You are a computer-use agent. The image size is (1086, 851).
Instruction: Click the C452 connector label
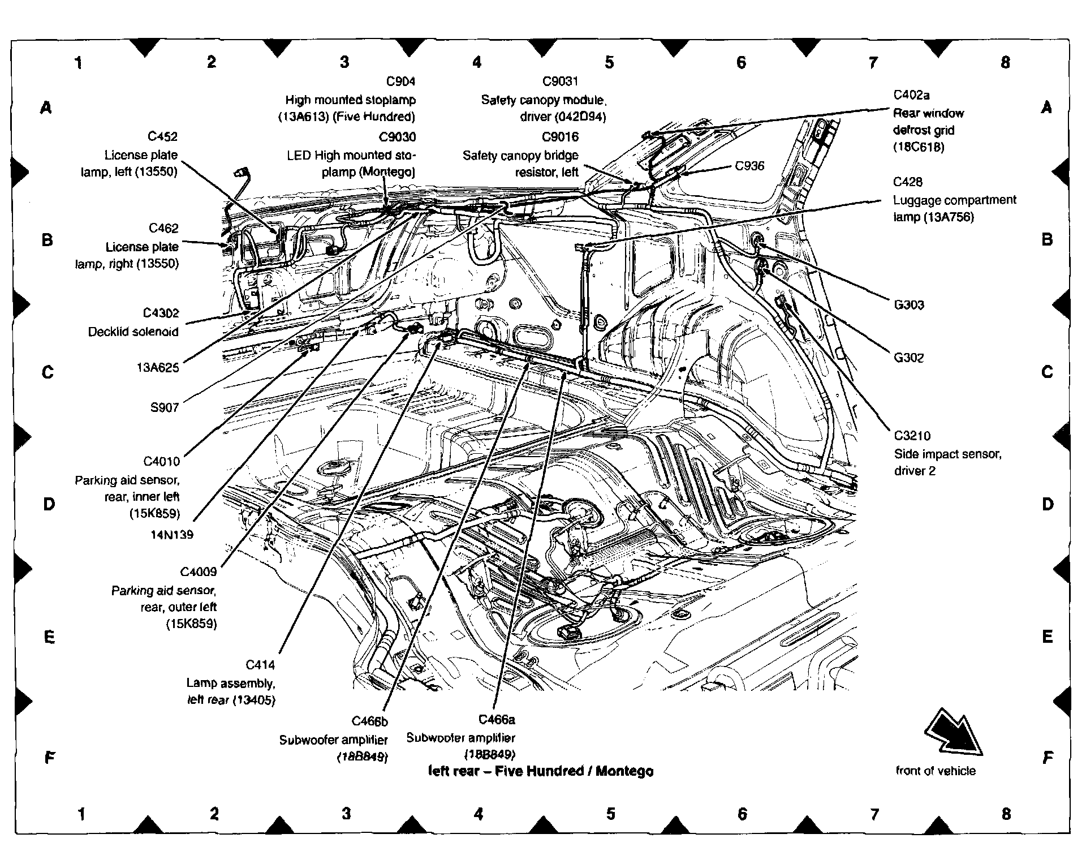(x=162, y=137)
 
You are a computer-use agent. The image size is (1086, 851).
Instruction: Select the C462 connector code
(x=163, y=228)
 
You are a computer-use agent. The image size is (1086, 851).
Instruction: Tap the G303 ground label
(x=909, y=305)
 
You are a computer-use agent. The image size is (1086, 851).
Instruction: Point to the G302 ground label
(x=909, y=358)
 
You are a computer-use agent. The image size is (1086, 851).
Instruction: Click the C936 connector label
(x=749, y=166)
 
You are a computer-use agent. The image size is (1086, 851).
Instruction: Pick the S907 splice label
(x=165, y=407)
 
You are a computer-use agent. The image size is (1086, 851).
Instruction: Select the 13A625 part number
(x=157, y=368)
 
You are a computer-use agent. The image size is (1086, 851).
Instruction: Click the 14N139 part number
(x=172, y=534)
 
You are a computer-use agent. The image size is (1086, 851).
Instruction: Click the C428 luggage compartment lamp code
(x=908, y=182)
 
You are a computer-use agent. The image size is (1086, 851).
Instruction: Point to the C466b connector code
(x=370, y=721)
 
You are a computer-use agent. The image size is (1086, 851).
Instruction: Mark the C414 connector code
(x=260, y=665)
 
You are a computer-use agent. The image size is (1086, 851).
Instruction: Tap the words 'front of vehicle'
(x=936, y=771)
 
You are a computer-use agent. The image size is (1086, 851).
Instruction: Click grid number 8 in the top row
(x=1005, y=62)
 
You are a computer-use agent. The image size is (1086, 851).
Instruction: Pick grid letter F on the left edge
(x=50, y=757)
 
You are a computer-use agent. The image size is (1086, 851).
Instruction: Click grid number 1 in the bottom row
(x=81, y=814)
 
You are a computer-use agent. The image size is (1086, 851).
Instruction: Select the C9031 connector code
(x=561, y=82)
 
